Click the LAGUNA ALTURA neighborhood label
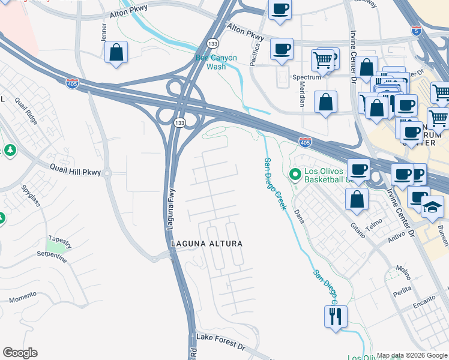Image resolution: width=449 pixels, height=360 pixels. point(206,244)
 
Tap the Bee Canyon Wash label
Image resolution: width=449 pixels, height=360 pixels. point(216,62)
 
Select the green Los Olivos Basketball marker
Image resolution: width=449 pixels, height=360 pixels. point(295,175)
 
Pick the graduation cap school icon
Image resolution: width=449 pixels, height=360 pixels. point(433,206)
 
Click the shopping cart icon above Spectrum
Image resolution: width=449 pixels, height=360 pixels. point(323,60)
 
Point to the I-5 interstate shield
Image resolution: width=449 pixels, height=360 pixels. point(417,29)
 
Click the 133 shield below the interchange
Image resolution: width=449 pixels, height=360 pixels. point(179,122)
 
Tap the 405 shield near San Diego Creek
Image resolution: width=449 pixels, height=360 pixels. point(305,142)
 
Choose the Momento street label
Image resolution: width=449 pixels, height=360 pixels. point(23,298)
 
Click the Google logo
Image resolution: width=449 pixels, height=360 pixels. point(20,353)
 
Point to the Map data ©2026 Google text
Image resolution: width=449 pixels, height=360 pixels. point(412,355)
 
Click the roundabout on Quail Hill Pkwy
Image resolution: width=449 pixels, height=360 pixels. point(107,174)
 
